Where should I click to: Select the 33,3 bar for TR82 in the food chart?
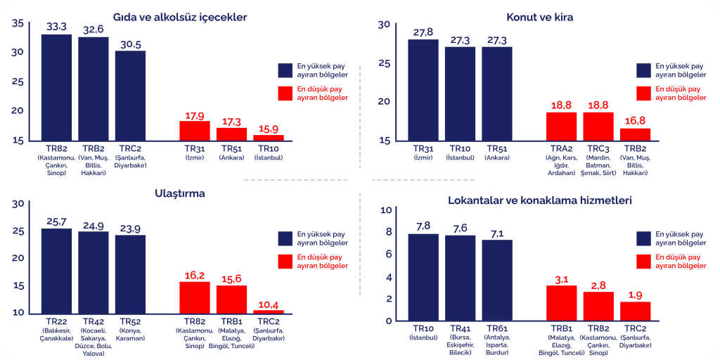coord(56,87)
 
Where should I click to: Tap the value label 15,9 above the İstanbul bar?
coord(268,129)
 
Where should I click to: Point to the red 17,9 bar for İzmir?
coord(195,131)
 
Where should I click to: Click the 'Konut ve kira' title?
coord(540,17)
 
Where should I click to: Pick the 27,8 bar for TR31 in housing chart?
coord(423,89)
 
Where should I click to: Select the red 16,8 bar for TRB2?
coord(635,134)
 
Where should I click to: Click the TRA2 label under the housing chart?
coord(561,149)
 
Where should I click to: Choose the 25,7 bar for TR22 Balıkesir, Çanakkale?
coord(56,271)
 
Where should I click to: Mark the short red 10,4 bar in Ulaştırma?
coord(268,311)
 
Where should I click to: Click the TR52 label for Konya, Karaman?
coord(130,322)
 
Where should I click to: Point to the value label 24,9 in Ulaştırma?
coord(94,226)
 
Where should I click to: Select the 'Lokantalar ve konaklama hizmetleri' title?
coord(540,200)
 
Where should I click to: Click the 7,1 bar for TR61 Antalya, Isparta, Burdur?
coord(497,280)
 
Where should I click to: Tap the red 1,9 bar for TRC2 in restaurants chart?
coord(635,311)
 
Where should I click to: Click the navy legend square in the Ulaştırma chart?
coord(285,238)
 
